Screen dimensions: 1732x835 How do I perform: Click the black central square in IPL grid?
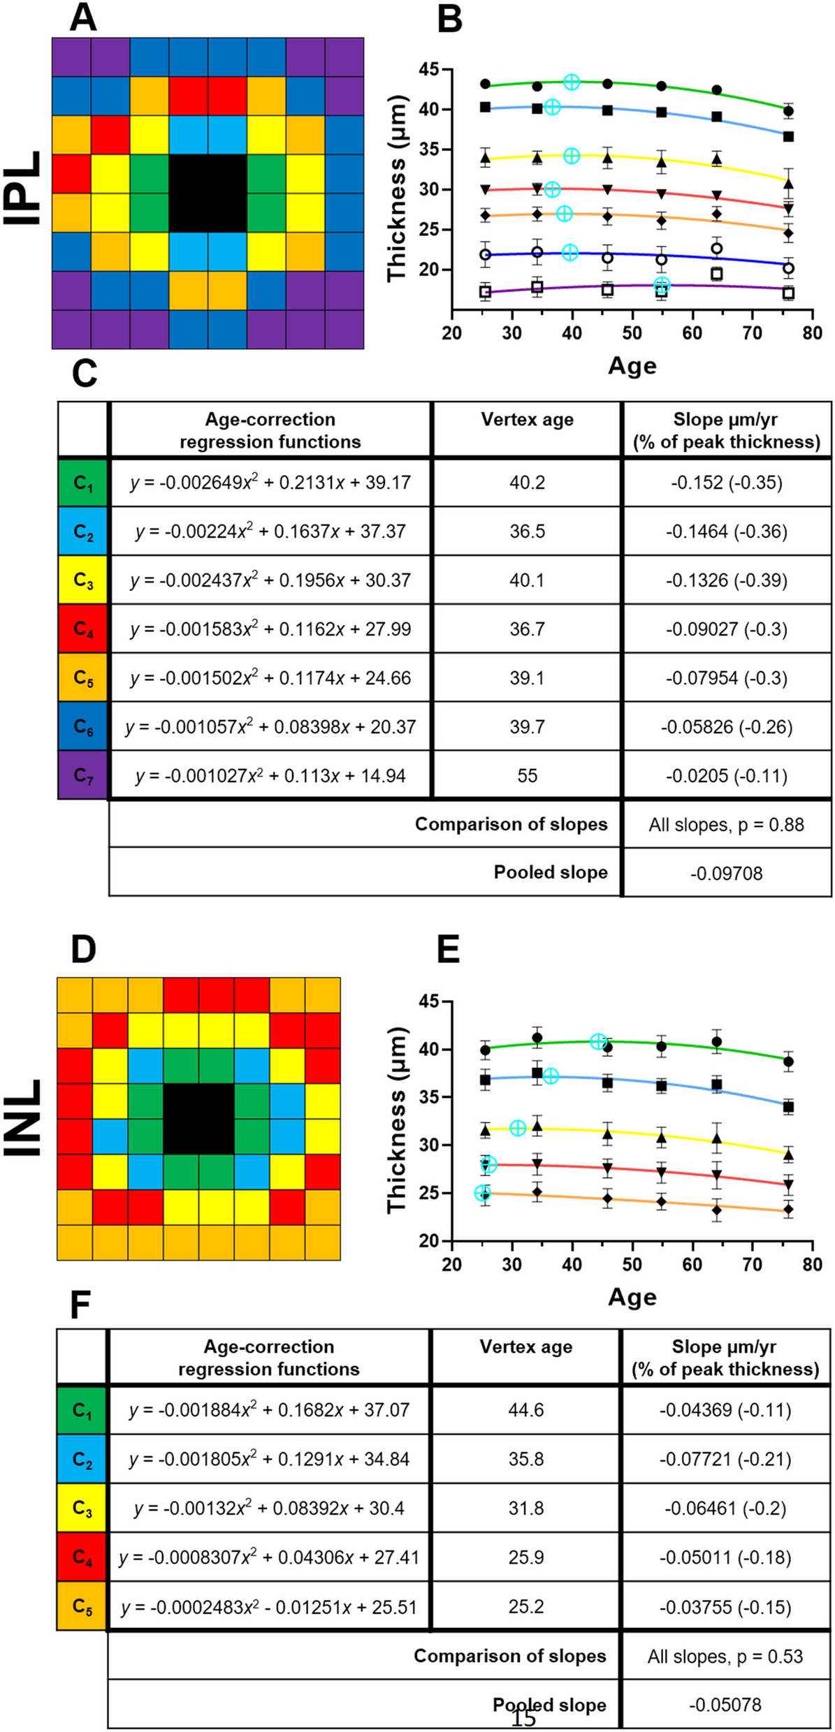pyautogui.click(x=208, y=193)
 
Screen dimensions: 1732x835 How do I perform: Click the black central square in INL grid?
pyautogui.click(x=198, y=1119)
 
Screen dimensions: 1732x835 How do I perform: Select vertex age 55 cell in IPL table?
pyautogui.click(x=527, y=776)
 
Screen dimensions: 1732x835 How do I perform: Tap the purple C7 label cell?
pyautogui.click(x=83, y=775)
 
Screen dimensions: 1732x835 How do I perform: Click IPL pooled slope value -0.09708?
pyautogui.click(x=726, y=873)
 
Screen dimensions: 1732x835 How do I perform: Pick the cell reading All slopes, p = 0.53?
pyautogui.click(x=725, y=1657)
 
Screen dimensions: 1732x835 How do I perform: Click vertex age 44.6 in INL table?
pyautogui.click(x=525, y=1410)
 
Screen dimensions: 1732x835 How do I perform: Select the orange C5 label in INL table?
pyautogui.click(x=82, y=1606)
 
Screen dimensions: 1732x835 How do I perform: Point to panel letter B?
pyautogui.click(x=449, y=19)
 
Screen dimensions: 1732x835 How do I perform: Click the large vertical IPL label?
pyautogui.click(x=23, y=189)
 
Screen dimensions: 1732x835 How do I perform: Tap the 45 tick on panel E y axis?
pyautogui.click(x=428, y=1001)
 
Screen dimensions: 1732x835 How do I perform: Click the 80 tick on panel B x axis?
pyautogui.click(x=812, y=333)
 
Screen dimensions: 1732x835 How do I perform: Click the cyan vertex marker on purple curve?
pyautogui.click(x=662, y=284)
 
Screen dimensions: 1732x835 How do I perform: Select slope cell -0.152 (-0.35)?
pyautogui.click(x=726, y=483)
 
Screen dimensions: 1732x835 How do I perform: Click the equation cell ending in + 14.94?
pyautogui.click(x=270, y=776)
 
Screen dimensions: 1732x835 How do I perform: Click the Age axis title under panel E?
pyautogui.click(x=632, y=1297)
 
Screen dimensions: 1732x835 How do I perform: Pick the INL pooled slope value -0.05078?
pyautogui.click(x=725, y=1705)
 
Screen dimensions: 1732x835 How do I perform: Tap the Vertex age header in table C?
pyautogui.click(x=527, y=420)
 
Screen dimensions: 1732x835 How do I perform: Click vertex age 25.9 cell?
pyautogui.click(x=525, y=1557)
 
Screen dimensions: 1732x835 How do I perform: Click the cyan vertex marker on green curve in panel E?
pyautogui.click(x=598, y=1041)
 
